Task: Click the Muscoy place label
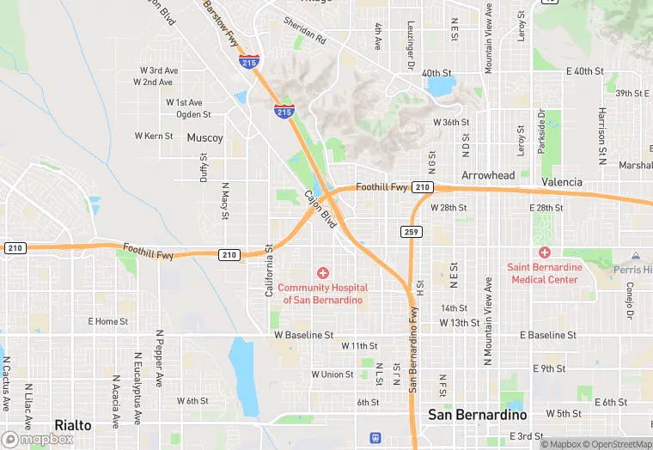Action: coord(204,137)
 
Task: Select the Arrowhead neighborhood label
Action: coord(488,175)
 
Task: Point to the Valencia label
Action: coord(562,182)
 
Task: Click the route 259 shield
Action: coord(411,232)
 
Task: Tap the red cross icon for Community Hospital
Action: coord(323,272)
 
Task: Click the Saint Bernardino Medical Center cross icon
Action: coord(544,252)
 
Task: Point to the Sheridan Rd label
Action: coord(305,33)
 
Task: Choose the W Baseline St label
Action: coord(303,334)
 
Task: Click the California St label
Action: coord(269,271)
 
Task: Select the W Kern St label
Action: coord(154,136)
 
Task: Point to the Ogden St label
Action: coord(193,114)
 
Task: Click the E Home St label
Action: coord(108,321)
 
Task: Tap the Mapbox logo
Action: coord(38,438)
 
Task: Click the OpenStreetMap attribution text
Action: coord(617,444)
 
